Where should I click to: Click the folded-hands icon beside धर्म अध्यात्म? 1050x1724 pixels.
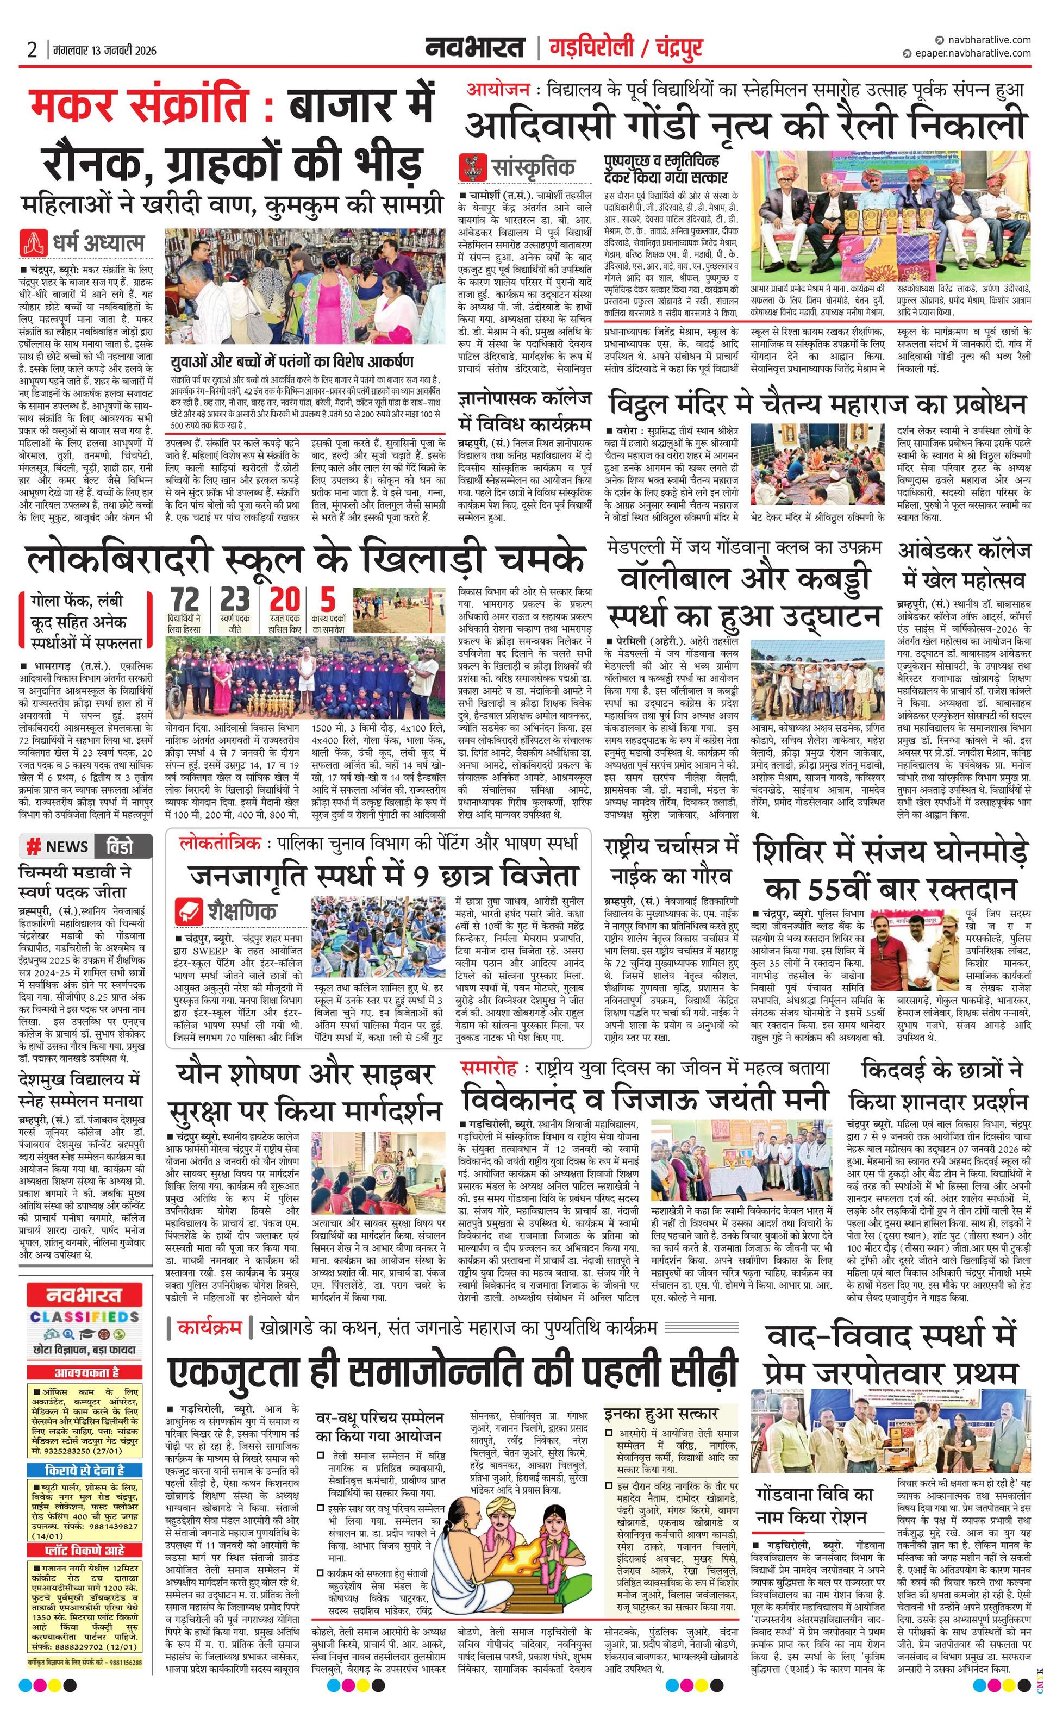[34, 243]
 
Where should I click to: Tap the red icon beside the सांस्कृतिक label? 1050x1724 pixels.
[472, 168]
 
